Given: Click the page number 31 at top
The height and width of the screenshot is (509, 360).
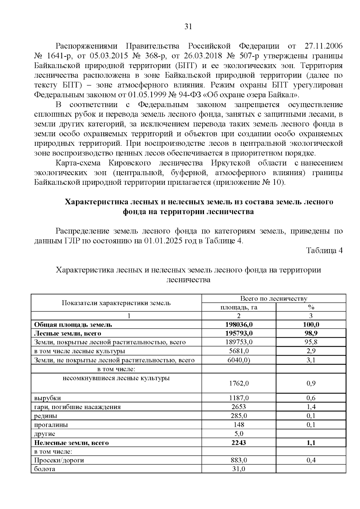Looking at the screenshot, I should (188, 27).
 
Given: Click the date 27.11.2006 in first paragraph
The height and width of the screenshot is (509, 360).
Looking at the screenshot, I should (323, 46).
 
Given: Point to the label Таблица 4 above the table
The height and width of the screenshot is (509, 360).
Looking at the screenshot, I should (324, 251).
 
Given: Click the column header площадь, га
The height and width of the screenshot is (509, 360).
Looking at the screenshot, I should (239, 307).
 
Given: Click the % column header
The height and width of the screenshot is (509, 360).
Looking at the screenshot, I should (311, 307).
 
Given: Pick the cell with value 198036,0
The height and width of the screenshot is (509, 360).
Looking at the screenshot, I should (239, 325).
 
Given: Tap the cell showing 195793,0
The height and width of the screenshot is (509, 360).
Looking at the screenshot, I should (239, 333).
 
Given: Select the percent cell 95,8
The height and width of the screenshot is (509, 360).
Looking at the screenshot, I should (311, 342).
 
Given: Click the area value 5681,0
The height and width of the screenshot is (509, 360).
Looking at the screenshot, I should (239, 351).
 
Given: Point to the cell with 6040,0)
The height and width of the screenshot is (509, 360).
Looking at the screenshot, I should (239, 360).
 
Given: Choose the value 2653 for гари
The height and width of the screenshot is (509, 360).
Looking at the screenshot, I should (239, 407).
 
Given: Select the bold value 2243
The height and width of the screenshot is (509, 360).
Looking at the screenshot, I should (239, 443).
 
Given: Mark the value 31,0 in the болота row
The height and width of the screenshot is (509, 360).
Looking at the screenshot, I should (239, 469).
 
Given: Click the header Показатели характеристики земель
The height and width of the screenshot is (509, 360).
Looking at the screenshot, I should (116, 303).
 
